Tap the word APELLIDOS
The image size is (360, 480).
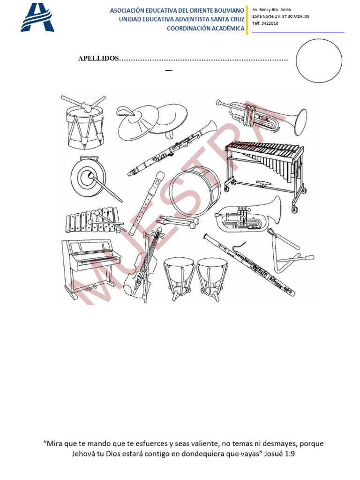[x=98, y=60]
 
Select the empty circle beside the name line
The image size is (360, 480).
[x=319, y=61]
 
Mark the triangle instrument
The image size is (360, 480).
[x=284, y=251]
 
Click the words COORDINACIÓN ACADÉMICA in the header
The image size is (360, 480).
[x=206, y=29]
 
